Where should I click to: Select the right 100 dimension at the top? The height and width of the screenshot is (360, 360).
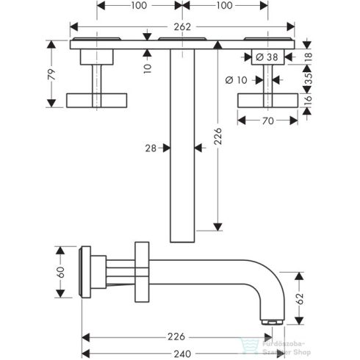tap(225, 6)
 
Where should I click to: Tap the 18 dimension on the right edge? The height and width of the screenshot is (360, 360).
tap(309, 57)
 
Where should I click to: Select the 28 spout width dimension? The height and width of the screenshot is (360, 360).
tap(151, 148)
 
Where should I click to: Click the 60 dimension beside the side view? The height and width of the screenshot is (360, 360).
tap(60, 272)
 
